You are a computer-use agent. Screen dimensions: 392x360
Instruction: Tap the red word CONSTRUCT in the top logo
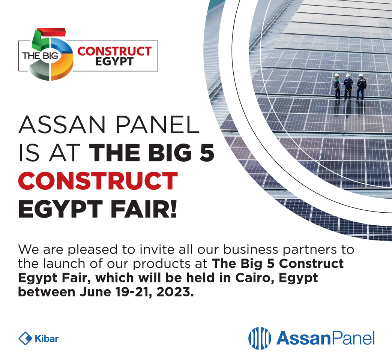pyautogui.click(x=114, y=51)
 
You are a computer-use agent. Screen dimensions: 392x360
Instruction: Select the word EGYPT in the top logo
pyautogui.click(x=114, y=61)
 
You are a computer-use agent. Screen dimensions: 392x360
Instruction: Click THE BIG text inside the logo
pyautogui.click(x=40, y=55)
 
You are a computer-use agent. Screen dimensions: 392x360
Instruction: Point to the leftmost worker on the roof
pyautogui.click(x=337, y=86)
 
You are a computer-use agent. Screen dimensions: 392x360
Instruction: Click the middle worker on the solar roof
pyautogui.click(x=348, y=87)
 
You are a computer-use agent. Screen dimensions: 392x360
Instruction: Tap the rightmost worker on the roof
pyautogui.click(x=361, y=87)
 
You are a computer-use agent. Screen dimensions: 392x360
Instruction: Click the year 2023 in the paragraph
pyautogui.click(x=175, y=292)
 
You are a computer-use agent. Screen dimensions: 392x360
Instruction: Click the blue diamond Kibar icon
pyautogui.click(x=25, y=339)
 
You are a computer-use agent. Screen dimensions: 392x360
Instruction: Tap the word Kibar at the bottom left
pyautogui.click(x=47, y=339)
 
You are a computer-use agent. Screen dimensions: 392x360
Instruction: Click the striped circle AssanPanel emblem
pyautogui.click(x=260, y=338)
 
